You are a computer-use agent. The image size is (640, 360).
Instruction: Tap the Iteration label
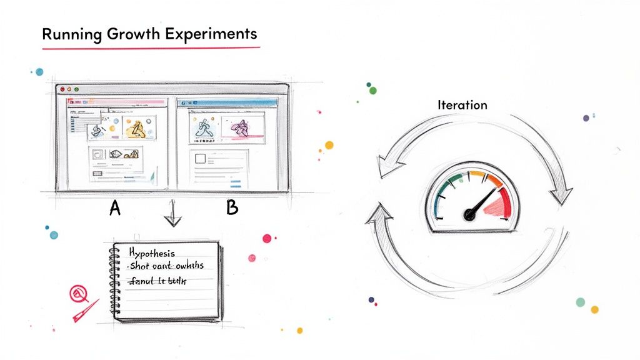tap(462, 105)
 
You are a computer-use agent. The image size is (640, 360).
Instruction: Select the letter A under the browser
tap(115, 208)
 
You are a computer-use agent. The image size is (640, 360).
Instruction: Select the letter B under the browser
tap(232, 208)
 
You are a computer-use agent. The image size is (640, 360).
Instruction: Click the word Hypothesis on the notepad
tap(152, 254)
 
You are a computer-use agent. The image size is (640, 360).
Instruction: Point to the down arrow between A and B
tap(171, 218)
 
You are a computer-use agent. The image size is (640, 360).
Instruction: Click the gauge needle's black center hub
tap(469, 215)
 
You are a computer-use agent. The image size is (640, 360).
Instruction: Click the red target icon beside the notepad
tap(78, 292)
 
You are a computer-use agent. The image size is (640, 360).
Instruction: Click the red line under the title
tap(150, 47)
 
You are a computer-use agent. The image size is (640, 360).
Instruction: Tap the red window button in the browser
tap(62, 90)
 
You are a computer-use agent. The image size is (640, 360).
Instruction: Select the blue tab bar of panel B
tap(227, 102)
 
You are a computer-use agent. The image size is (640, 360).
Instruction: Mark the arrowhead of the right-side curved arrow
tap(561, 194)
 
